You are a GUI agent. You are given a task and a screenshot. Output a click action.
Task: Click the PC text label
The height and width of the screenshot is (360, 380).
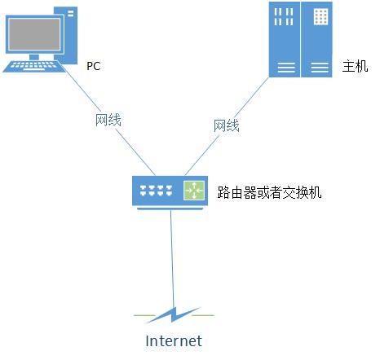(94, 66)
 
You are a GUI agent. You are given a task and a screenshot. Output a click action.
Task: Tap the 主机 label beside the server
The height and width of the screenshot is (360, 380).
(355, 66)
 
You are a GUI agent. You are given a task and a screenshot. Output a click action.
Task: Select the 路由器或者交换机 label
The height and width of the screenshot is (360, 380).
(269, 192)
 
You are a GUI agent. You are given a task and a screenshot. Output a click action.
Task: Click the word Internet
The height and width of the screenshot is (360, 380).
(174, 341)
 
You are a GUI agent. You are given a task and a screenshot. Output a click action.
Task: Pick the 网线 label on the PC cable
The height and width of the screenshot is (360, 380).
(108, 120)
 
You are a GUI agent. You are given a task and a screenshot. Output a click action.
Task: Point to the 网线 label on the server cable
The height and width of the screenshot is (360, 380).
(226, 125)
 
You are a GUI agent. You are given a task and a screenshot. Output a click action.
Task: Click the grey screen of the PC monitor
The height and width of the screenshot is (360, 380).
(34, 34)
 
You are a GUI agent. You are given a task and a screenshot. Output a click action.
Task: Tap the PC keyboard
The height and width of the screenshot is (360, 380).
(34, 67)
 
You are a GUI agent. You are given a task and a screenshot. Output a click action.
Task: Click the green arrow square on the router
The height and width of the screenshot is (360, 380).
(194, 191)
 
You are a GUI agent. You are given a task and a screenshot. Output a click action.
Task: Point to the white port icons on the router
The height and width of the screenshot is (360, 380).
(156, 191)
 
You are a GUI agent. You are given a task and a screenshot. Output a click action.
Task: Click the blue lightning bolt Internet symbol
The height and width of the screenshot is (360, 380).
(173, 315)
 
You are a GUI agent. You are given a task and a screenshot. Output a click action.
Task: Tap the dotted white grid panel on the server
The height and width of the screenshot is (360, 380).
(320, 16)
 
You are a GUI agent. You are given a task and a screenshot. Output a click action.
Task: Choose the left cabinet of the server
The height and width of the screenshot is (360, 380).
(285, 39)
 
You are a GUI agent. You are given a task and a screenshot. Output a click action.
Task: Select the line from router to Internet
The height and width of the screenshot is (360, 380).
(172, 259)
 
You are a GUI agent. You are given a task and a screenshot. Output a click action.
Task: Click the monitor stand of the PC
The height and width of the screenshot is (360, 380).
(34, 57)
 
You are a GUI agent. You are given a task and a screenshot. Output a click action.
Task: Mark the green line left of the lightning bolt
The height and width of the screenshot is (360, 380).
(144, 315)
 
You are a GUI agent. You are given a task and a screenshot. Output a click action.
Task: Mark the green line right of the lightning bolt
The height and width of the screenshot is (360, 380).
(203, 315)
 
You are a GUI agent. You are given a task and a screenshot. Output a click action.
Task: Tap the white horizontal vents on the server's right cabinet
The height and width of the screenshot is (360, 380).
(320, 68)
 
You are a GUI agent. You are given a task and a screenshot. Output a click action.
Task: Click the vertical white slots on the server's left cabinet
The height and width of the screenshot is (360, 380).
(284, 16)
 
